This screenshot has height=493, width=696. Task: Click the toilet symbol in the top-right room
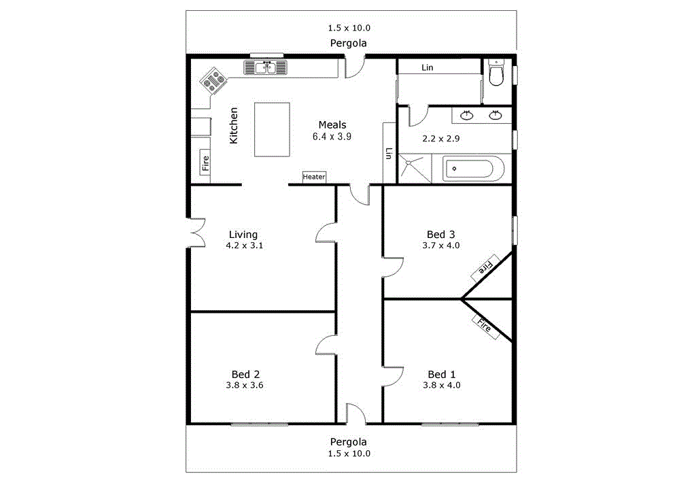[497, 73]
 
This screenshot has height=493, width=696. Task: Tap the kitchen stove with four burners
[213, 81]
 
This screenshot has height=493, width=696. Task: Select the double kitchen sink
[266, 67]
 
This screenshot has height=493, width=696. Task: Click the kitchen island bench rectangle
[272, 129]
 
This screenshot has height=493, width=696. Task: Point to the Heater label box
[314, 177]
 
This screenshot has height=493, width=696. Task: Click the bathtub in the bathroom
[474, 169]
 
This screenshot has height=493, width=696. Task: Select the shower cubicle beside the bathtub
[414, 169]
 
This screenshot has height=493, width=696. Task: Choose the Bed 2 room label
[245, 374]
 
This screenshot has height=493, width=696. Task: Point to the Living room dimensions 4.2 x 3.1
[244, 245]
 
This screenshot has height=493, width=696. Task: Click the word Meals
[332, 124]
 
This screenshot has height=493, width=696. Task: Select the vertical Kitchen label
[234, 125]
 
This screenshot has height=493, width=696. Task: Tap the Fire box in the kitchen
[205, 163]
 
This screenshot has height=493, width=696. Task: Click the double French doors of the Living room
[196, 233]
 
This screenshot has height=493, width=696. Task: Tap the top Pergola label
[349, 43]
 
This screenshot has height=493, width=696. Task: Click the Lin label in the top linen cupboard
[427, 67]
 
